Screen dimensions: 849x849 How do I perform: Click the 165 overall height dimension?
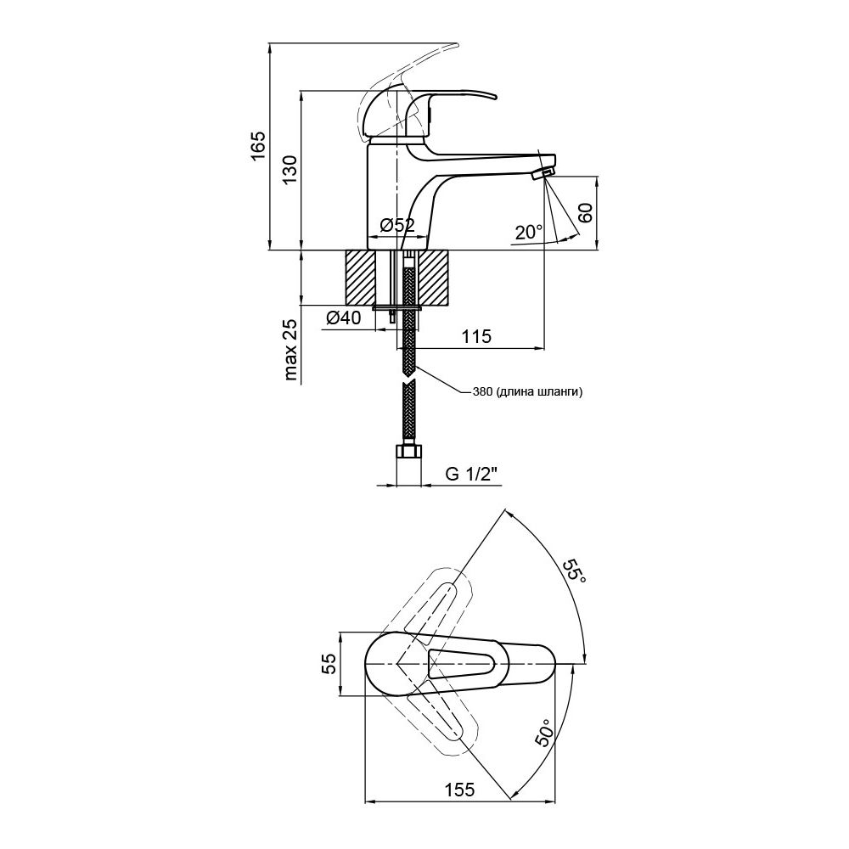(258, 145)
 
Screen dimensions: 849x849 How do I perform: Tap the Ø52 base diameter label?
(396, 225)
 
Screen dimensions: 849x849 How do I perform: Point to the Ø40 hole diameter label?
(343, 318)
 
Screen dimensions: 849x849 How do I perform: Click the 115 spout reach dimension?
(476, 336)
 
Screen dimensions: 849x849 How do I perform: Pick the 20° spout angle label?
(528, 232)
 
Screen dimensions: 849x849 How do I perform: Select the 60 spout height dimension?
(585, 212)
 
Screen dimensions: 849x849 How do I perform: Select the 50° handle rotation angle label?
(543, 733)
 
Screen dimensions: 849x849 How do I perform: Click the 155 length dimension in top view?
(459, 789)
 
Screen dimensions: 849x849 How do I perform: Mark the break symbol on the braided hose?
(409, 377)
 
